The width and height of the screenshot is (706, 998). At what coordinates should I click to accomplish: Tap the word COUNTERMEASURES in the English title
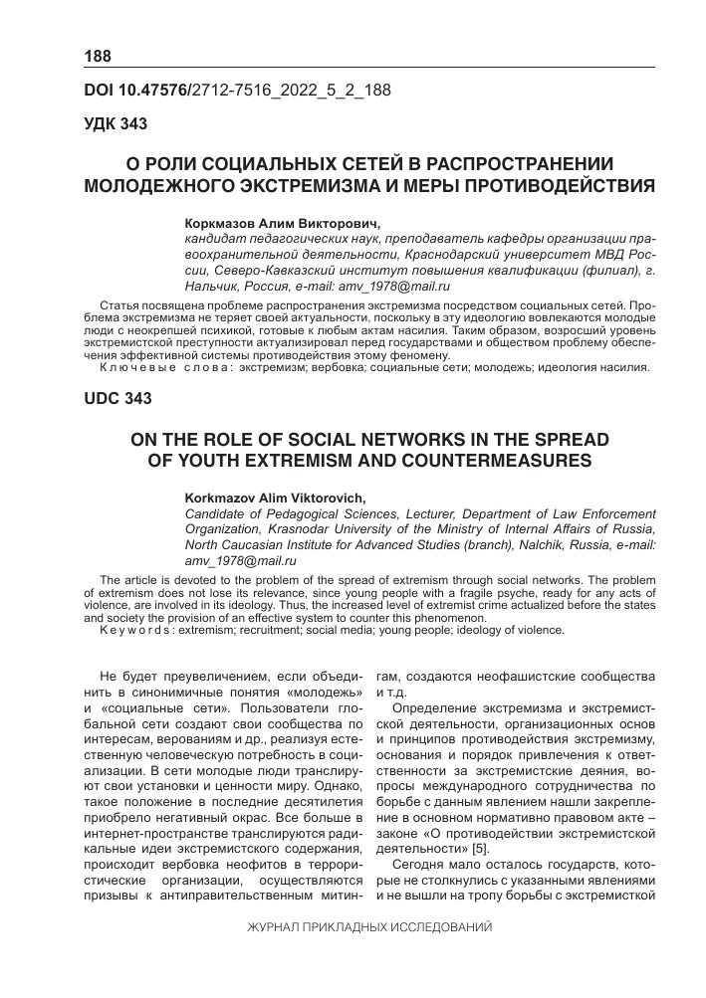click(x=484, y=461)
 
